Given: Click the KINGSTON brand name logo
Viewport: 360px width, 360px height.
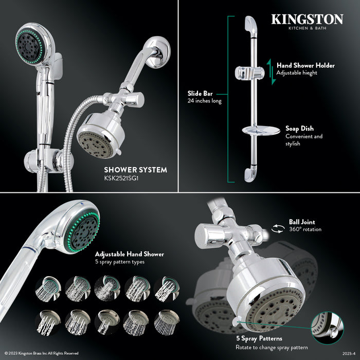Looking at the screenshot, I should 307,19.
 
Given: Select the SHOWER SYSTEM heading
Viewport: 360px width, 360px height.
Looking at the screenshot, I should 135,169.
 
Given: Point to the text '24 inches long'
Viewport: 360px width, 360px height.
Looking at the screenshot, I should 205,101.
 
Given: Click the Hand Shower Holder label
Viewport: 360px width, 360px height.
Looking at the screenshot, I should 305,65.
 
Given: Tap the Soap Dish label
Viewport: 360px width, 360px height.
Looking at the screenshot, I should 299,128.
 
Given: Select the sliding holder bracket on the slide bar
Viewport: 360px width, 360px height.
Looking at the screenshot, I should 246,73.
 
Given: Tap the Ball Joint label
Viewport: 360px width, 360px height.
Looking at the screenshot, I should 303,222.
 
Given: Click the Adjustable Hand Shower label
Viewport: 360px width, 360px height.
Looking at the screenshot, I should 129,254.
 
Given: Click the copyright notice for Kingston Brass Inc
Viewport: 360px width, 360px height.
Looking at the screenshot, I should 41,353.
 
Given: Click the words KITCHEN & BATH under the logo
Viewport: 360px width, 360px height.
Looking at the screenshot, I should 307,29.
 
